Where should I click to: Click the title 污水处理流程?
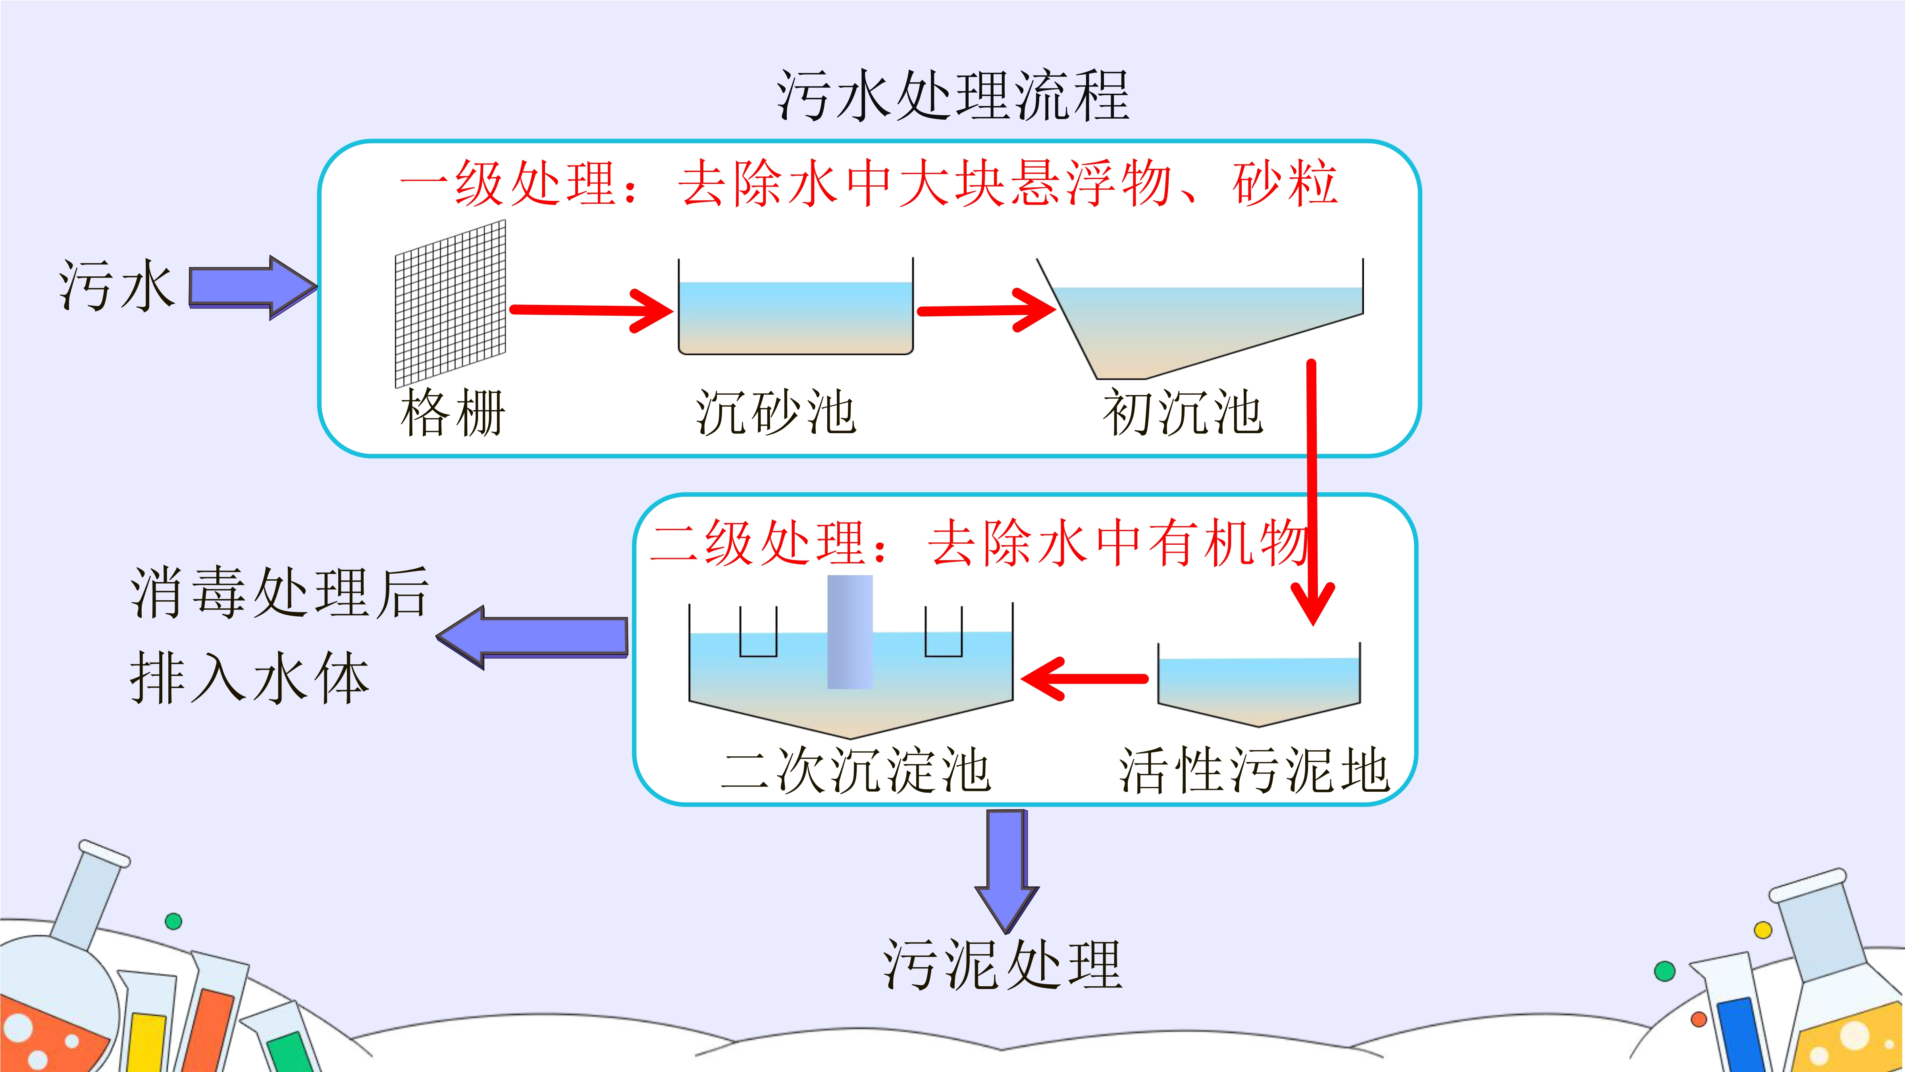point(953,95)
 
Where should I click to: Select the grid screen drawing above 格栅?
point(451,303)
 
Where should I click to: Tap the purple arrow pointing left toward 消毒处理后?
point(532,638)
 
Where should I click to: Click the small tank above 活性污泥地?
point(1259,685)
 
